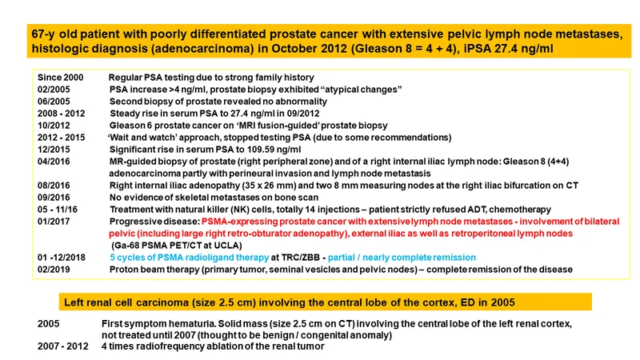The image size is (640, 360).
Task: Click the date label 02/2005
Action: tap(54, 90)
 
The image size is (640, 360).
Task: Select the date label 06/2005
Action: tap(54, 102)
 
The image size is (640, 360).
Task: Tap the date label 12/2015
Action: tap(54, 150)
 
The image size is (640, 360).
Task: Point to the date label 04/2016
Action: tap(54, 162)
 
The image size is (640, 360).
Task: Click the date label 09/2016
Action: tap(54, 198)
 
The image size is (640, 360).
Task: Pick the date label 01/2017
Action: tap(54, 222)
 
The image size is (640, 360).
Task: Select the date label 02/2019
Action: tap(54, 270)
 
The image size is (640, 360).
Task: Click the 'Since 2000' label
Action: tap(61, 78)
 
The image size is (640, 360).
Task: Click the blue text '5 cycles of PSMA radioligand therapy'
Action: tap(190, 258)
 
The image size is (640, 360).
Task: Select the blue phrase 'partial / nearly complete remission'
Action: tap(402, 258)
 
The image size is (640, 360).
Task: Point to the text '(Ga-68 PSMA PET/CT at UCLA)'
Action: tap(177, 246)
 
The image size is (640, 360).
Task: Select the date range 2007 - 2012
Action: tap(63, 346)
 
